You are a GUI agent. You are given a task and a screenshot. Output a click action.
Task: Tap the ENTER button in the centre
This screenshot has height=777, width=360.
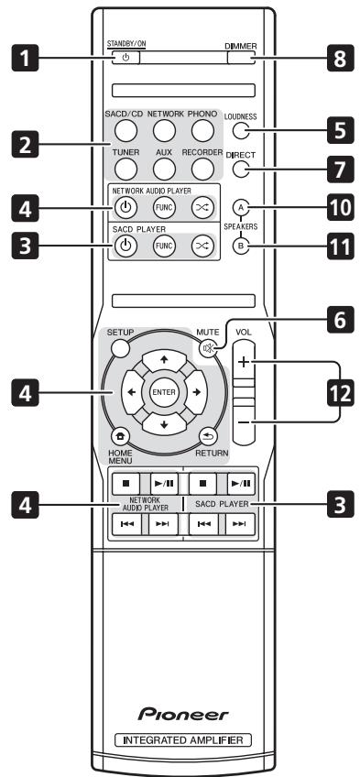[170, 391]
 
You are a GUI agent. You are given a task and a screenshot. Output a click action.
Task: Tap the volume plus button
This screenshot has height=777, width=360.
[245, 362]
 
